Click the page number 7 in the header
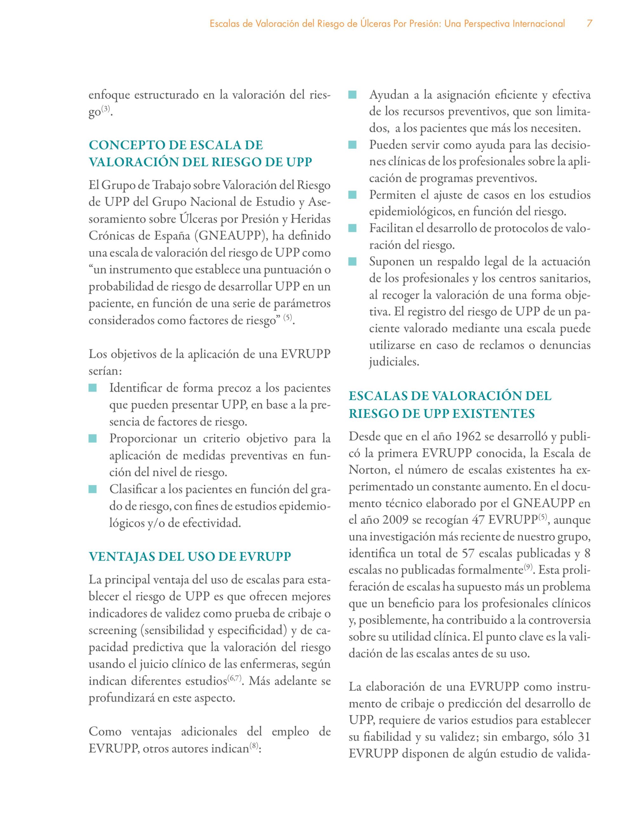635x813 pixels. [589, 24]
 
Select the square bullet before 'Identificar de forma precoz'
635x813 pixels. [93, 388]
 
